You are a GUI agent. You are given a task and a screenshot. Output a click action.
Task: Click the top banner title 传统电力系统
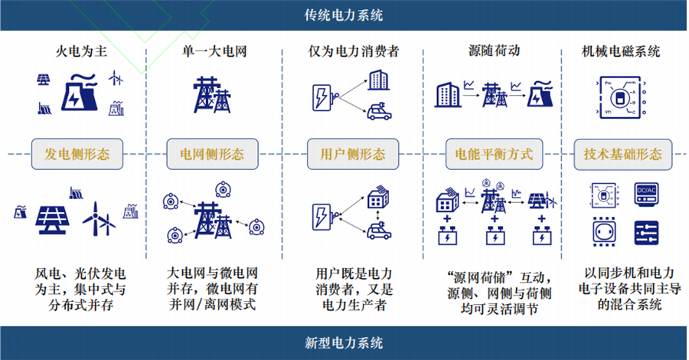(344, 15)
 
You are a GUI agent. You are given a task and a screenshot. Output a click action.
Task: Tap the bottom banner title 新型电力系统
(344, 342)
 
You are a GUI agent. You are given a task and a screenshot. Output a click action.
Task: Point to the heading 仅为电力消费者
(352, 52)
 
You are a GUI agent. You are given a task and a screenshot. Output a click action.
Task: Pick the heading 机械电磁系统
(622, 52)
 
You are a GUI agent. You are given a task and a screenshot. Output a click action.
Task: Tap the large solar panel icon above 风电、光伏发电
(54, 221)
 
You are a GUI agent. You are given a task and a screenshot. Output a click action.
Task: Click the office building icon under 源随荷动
(447, 94)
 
